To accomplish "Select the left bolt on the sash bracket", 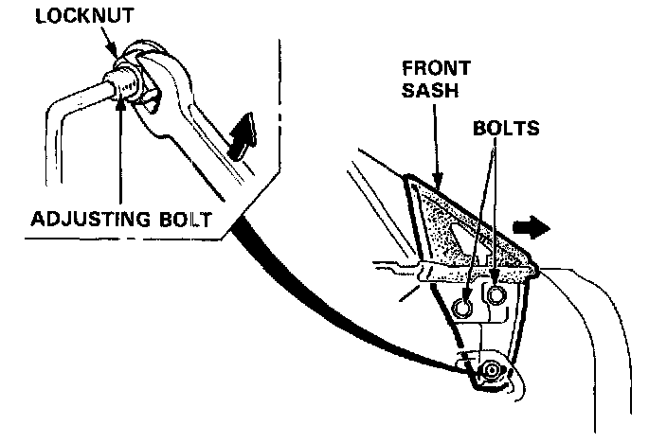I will coord(463,308).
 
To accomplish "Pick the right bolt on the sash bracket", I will coord(495,294).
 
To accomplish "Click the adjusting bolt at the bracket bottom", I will coord(490,370).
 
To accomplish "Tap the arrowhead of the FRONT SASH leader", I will coord(438,183).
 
